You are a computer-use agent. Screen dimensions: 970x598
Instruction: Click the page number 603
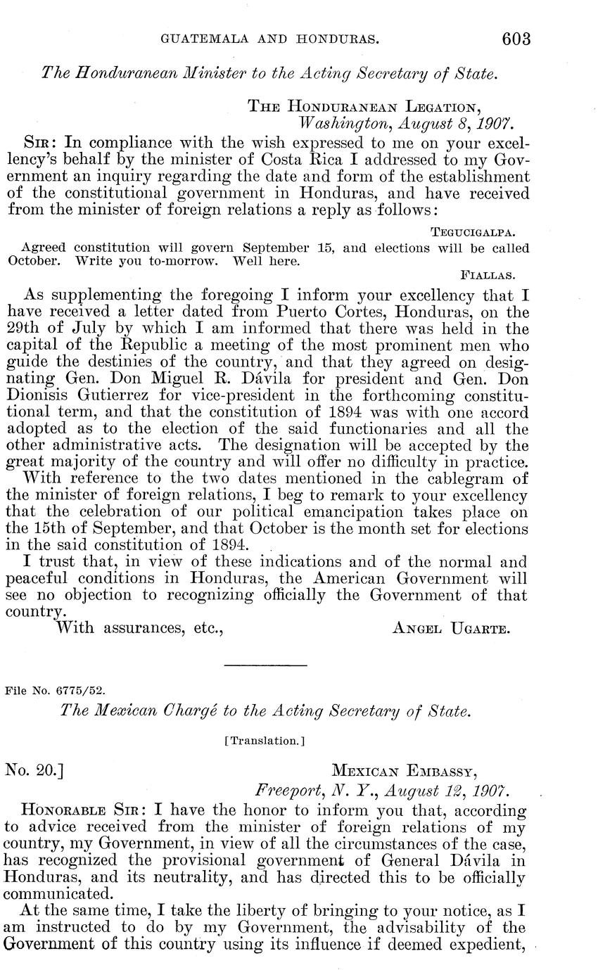516,39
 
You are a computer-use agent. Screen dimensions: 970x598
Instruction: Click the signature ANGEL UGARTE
450,628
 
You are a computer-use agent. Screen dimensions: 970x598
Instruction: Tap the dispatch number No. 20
35,770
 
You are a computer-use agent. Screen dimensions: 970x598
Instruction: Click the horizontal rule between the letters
265,665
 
